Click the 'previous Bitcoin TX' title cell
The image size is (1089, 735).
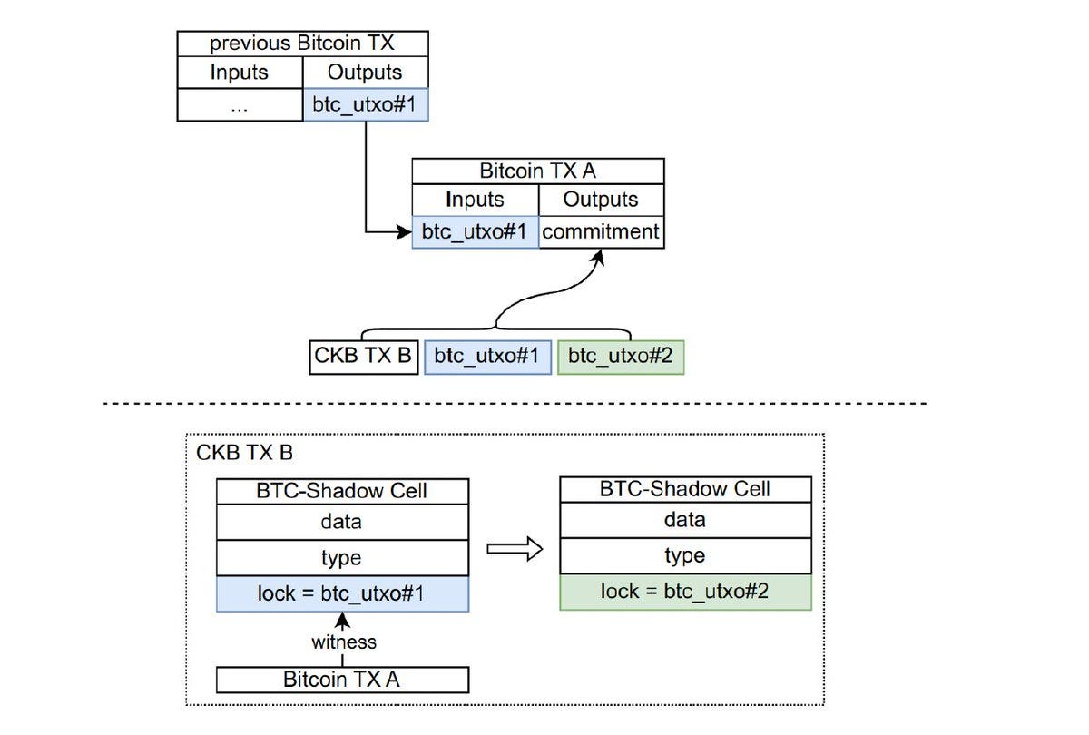(301, 44)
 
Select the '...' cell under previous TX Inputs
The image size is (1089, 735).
(240, 105)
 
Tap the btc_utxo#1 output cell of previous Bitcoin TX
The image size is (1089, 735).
(365, 105)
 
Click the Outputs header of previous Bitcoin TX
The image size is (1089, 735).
(365, 73)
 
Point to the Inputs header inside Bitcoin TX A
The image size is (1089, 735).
(475, 200)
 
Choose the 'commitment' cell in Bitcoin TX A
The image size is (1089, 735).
(601, 232)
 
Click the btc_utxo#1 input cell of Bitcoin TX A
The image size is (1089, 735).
(475, 232)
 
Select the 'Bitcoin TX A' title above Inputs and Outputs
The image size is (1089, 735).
(537, 171)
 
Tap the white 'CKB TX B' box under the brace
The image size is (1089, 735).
(363, 357)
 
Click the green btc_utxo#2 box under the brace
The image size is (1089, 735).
(621, 357)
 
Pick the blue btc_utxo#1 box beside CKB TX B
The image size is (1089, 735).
(487, 357)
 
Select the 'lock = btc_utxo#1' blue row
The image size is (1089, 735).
(342, 593)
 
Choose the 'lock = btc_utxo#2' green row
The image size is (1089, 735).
(685, 592)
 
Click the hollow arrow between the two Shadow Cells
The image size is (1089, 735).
(515, 549)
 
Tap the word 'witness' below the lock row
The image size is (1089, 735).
(343, 642)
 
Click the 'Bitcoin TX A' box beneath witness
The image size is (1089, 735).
(342, 680)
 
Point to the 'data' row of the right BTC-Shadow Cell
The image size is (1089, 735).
(685, 520)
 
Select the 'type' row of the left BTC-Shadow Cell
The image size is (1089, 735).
(342, 557)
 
